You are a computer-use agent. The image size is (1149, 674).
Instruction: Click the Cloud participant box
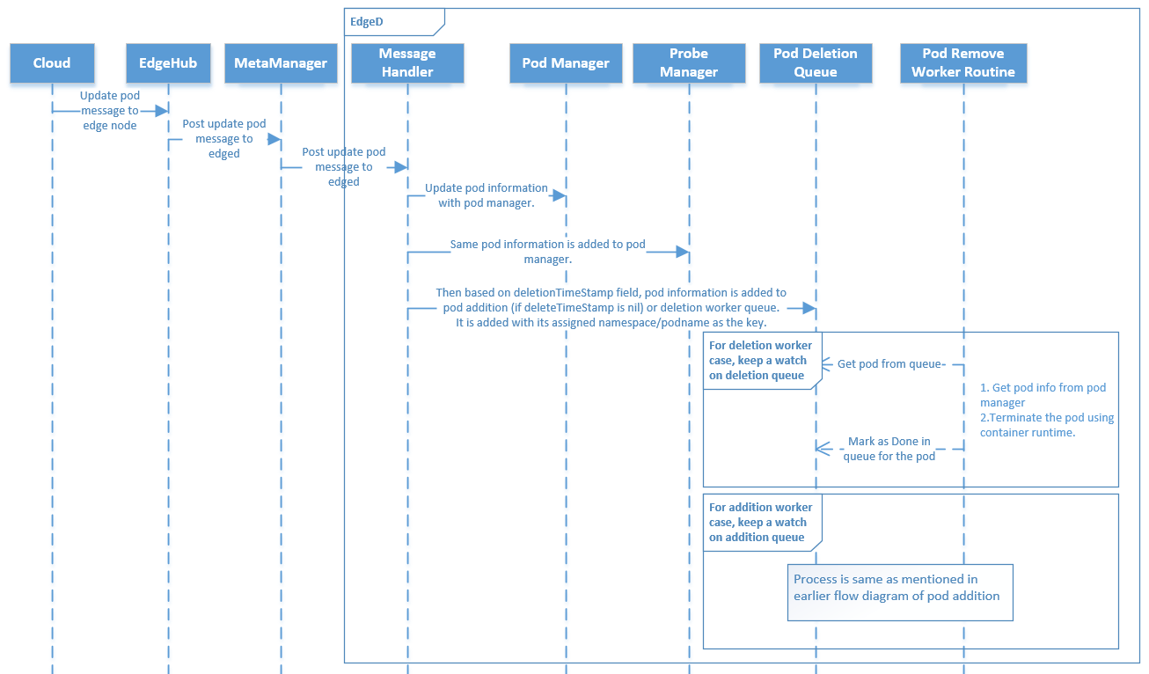52,63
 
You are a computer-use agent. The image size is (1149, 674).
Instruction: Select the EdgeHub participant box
168,63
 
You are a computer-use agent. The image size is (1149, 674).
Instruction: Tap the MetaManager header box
281,63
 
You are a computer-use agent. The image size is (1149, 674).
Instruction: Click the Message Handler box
407,63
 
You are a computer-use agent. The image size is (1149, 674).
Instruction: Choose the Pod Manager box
566,63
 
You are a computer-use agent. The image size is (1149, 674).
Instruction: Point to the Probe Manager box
689,63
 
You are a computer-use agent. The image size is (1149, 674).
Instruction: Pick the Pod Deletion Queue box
816,63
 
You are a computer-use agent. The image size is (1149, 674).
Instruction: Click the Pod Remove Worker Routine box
963,63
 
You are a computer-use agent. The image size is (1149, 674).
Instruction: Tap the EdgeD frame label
367,21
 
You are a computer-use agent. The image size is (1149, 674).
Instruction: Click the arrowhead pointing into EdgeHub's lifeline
162,111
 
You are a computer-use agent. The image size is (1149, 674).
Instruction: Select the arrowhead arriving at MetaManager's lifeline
274,139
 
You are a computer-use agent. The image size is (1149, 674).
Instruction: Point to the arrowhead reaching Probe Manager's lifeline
682,253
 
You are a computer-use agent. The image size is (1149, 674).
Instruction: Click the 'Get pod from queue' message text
889,364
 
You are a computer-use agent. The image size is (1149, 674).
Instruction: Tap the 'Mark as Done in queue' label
889,449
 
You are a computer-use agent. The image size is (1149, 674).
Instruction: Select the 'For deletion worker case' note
762,361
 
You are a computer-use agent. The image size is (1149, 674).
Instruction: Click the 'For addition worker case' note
762,522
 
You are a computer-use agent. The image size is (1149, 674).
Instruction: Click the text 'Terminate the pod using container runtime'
1047,425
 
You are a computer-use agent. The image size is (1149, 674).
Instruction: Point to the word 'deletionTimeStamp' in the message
541,292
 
